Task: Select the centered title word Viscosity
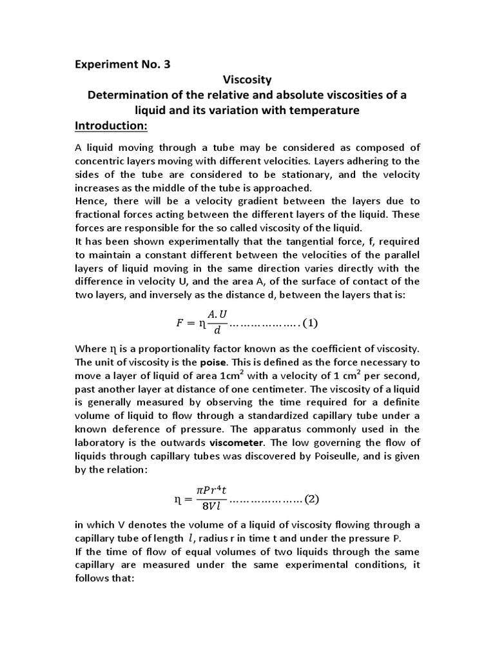[x=247, y=80]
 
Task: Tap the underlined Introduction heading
[x=112, y=124]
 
